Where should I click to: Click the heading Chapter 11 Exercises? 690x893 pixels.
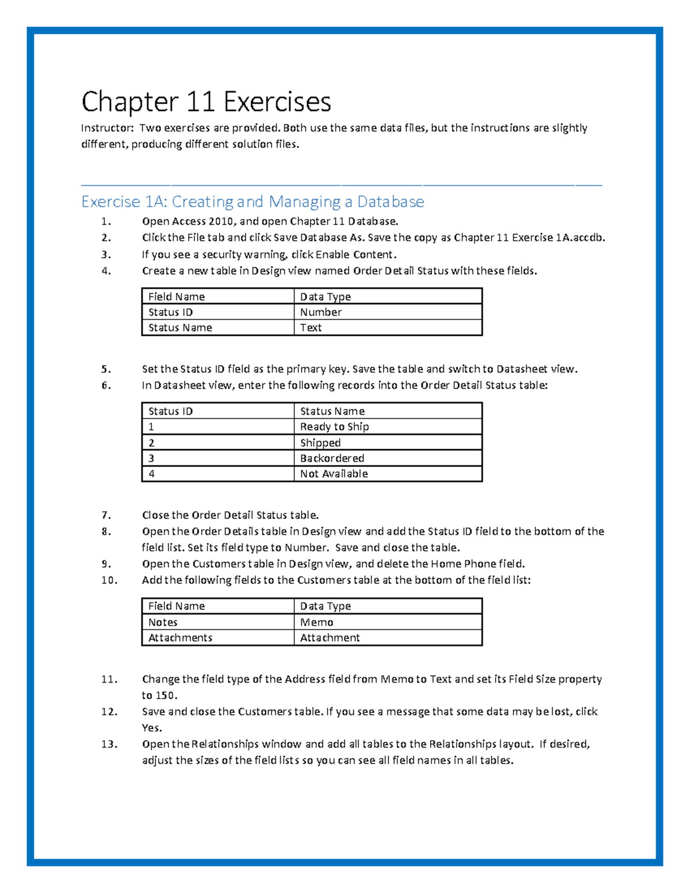tap(206, 102)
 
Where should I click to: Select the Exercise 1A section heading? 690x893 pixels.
tap(252, 202)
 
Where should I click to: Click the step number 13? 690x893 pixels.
tap(109, 744)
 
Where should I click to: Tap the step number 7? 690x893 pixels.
tap(106, 515)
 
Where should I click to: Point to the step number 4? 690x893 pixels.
tap(106, 271)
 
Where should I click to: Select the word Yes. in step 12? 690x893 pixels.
tap(152, 728)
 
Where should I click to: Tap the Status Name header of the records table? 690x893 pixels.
tap(332, 411)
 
